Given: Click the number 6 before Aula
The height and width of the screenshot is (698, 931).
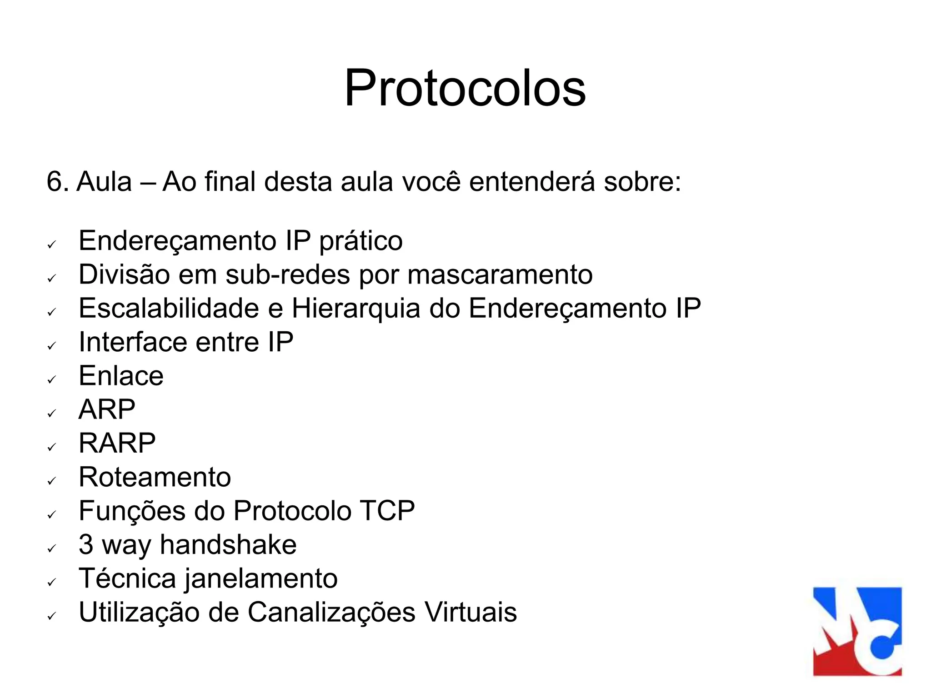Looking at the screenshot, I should pyautogui.click(x=55, y=182).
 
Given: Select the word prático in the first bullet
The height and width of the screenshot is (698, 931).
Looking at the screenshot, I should pyautogui.click(x=360, y=241).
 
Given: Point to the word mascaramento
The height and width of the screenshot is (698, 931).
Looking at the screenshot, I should pyautogui.click(x=500, y=275).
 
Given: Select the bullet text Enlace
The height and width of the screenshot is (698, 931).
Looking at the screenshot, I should pyautogui.click(x=121, y=376).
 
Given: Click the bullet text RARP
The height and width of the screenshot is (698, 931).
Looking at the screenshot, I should pyautogui.click(x=117, y=443).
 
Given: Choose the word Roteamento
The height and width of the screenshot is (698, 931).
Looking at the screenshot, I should pyautogui.click(x=155, y=477).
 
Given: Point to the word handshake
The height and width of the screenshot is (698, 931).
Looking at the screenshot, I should pyautogui.click(x=228, y=545).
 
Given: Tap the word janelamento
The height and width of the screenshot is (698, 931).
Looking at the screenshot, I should pyautogui.click(x=261, y=579).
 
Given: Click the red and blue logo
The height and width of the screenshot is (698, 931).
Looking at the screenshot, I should pyautogui.click(x=857, y=631).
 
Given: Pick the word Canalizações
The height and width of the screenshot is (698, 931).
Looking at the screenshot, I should pyautogui.click(x=331, y=612).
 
